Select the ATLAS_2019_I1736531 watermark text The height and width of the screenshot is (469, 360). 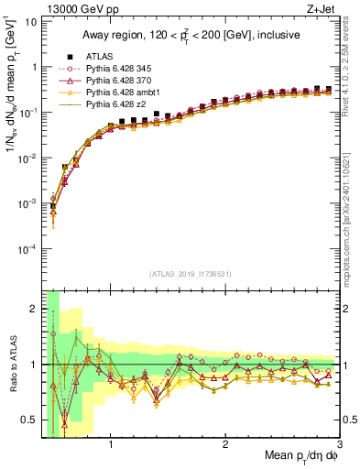coord(191,274)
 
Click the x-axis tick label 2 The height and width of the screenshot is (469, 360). coord(225,445)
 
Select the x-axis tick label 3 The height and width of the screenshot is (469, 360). coord(339,445)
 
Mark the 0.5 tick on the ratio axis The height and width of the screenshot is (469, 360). coord(31,420)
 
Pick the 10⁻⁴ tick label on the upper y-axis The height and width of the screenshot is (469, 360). coord(27,249)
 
